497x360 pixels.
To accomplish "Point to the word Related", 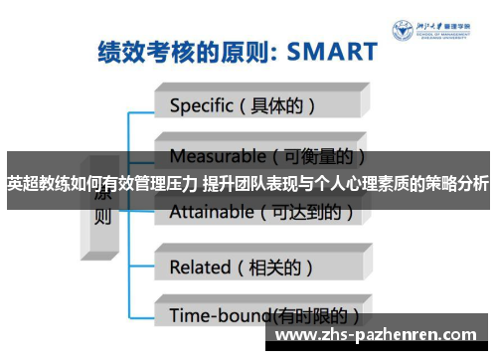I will coord(200,267).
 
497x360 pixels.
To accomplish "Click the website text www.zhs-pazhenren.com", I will coord(377,336).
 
